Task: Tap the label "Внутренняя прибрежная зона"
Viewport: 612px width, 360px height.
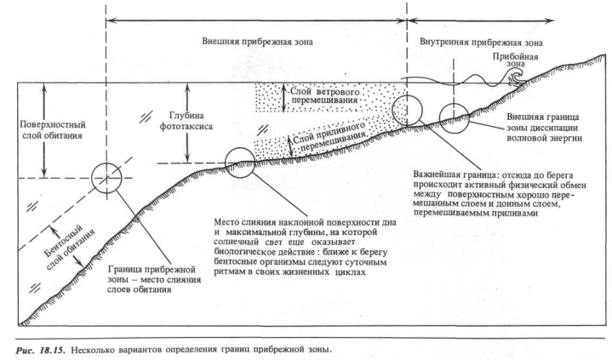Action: [x=476, y=40]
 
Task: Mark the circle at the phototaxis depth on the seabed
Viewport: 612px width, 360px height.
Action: [x=241, y=161]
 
